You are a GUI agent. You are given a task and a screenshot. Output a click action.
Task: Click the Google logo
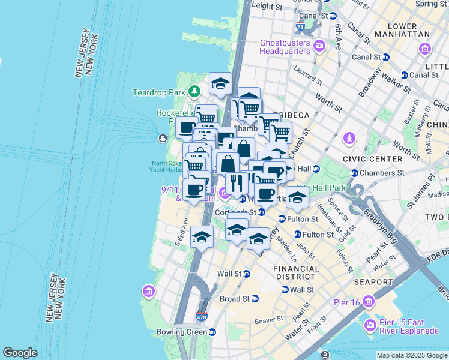20,353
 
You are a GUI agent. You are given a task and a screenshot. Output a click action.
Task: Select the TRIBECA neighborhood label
291,115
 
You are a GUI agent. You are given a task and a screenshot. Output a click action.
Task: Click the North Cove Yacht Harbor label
166,166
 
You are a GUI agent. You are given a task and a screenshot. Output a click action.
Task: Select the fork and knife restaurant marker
234,182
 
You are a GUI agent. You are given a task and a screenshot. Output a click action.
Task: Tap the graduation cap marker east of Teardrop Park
220,83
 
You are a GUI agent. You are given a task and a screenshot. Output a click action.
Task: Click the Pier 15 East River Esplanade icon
371,326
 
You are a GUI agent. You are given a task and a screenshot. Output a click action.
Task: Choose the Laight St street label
267,5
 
